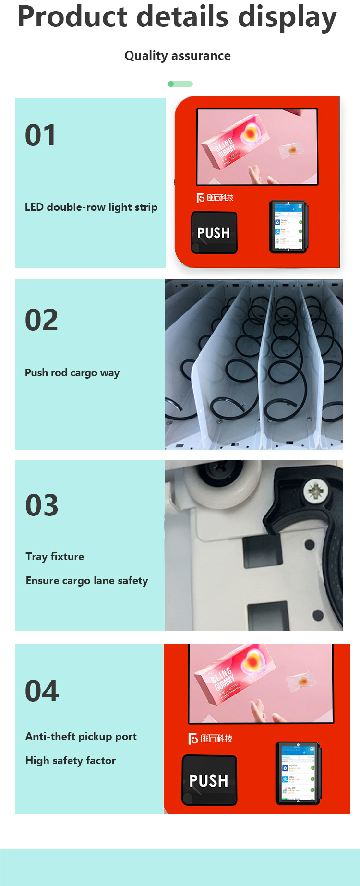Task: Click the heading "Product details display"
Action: pos(177,17)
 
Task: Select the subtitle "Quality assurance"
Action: pos(177,56)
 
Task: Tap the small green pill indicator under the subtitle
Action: pos(180,84)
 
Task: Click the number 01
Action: pos(41,135)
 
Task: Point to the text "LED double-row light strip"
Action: pos(91,207)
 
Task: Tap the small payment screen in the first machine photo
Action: pos(288,227)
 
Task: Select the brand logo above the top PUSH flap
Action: pos(215,198)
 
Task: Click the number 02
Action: pos(42,320)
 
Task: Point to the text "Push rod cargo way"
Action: pos(72,373)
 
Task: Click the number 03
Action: pos(42,505)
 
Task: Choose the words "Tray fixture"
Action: pos(55,557)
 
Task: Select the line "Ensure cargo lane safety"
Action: pos(87,581)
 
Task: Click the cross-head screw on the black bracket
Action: pos(315,491)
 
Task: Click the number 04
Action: pos(42,691)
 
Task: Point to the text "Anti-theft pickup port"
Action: pos(81,737)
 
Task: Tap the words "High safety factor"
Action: pos(71,761)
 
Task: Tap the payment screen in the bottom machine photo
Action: pos(298,773)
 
